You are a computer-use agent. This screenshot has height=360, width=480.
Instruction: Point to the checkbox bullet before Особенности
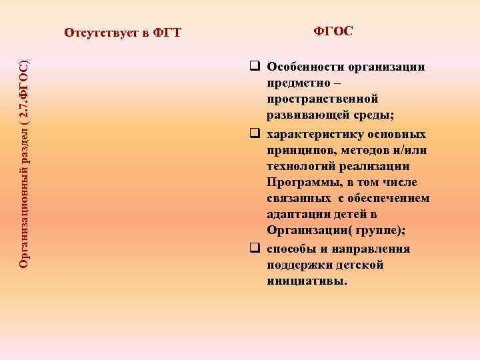[x=254, y=67]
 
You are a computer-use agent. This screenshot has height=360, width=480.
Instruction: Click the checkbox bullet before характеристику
[x=254, y=131]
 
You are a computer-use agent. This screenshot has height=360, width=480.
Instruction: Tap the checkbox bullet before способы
[x=254, y=249]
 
